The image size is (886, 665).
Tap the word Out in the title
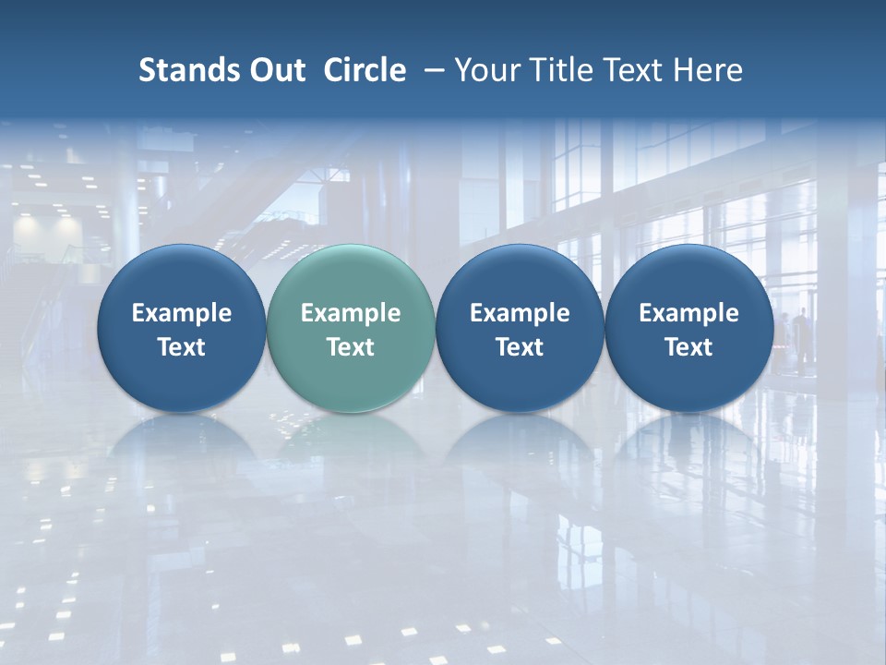coord(274,70)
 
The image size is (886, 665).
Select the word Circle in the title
coord(365,70)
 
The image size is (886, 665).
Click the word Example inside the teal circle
coord(351,313)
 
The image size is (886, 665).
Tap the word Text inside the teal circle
coord(351,347)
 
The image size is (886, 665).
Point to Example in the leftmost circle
coord(182,313)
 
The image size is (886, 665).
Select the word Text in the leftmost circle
coord(182,347)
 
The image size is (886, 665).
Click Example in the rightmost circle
coord(688,313)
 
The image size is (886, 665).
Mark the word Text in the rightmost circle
coord(688,347)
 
